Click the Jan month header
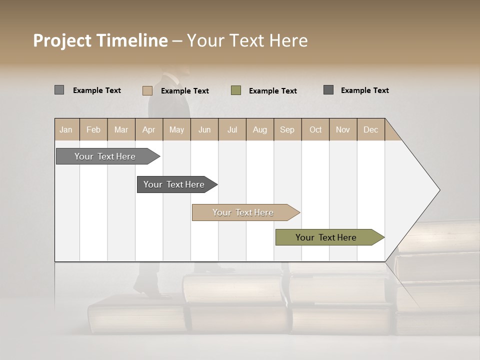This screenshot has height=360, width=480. [x=66, y=129]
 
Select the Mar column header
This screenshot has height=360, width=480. [x=121, y=129]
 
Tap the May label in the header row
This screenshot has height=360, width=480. [x=176, y=129]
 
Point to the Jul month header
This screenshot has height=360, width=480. [x=232, y=129]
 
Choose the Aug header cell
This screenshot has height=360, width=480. [x=259, y=129]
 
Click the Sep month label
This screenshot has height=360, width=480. [x=287, y=129]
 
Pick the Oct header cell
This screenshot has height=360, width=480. [x=315, y=129]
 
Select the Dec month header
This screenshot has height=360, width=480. [x=370, y=129]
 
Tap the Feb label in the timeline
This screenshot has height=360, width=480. [x=93, y=129]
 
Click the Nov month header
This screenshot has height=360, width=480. [x=342, y=129]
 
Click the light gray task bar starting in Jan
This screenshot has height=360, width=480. [x=105, y=156]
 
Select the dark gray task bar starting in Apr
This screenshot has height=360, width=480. [x=174, y=184]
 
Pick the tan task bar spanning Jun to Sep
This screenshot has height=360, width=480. [x=243, y=212]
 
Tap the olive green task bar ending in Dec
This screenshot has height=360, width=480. [x=326, y=237]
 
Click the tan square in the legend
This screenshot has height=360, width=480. [x=147, y=90]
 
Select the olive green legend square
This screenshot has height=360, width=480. [x=236, y=90]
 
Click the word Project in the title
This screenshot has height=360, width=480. [x=62, y=40]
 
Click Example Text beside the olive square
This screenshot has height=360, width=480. [x=273, y=91]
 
